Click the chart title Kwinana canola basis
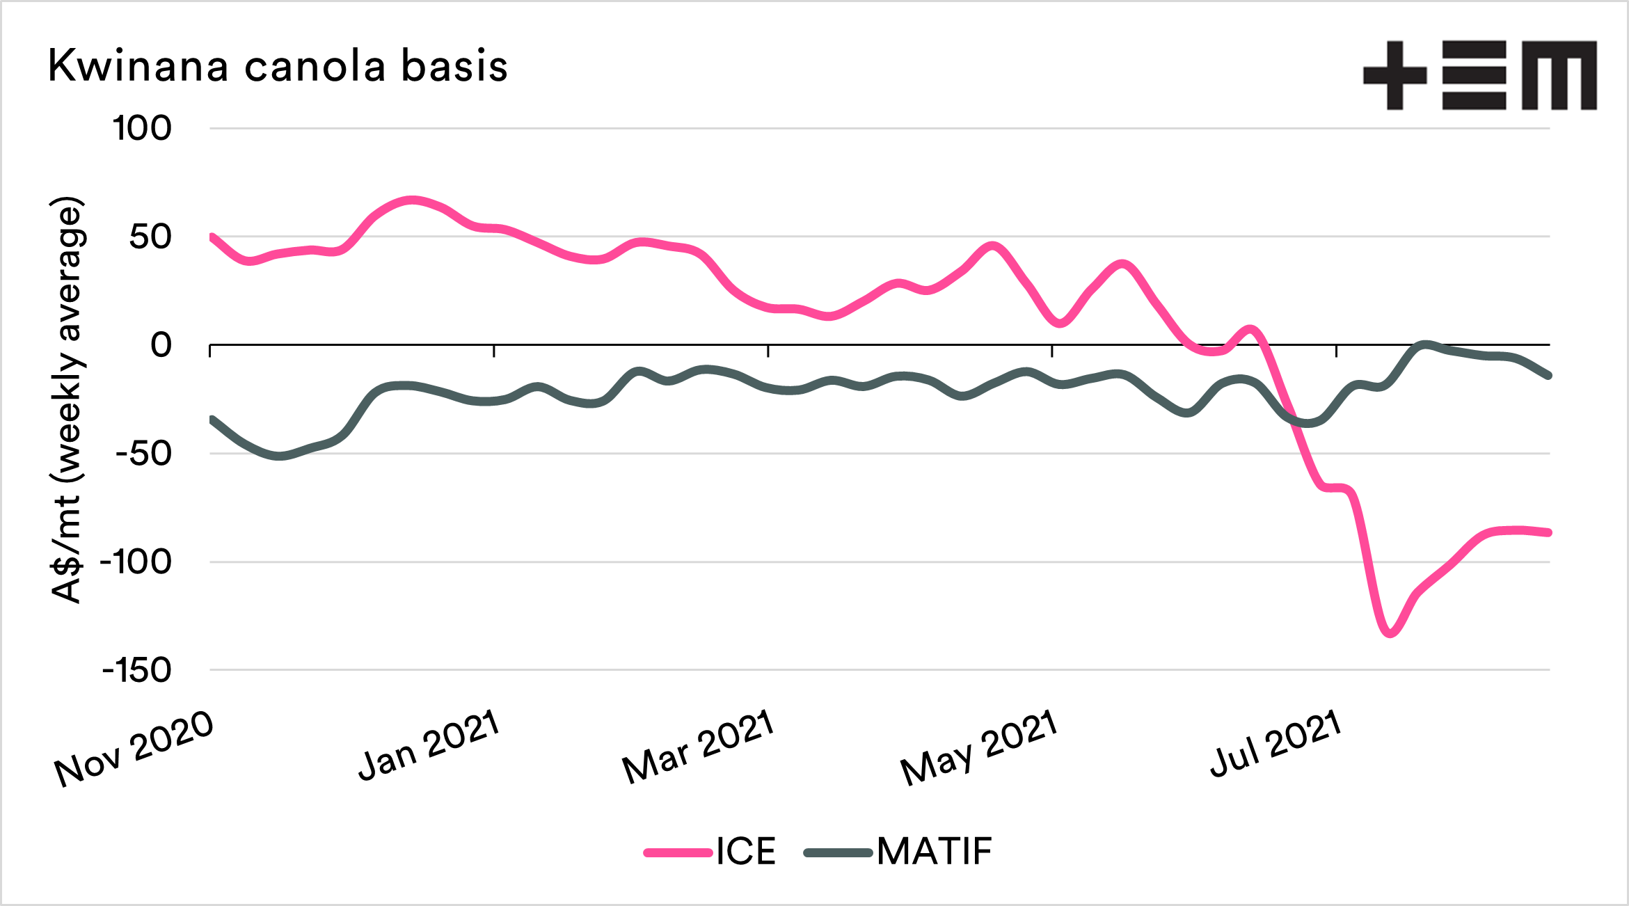(x=278, y=67)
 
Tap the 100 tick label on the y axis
(x=142, y=129)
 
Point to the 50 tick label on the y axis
(x=150, y=237)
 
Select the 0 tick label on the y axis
(x=161, y=345)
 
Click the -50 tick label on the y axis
(x=143, y=454)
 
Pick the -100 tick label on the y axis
(x=136, y=562)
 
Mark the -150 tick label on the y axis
(x=136, y=671)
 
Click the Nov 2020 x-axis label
(x=134, y=749)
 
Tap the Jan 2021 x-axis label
(x=429, y=745)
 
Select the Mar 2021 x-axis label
(x=698, y=747)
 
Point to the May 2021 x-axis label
(x=979, y=747)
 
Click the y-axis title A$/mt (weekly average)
(x=67, y=400)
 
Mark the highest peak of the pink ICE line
(x=412, y=200)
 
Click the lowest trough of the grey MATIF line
(x=279, y=456)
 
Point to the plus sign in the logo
(x=1394, y=75)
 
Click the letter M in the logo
(x=1559, y=75)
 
